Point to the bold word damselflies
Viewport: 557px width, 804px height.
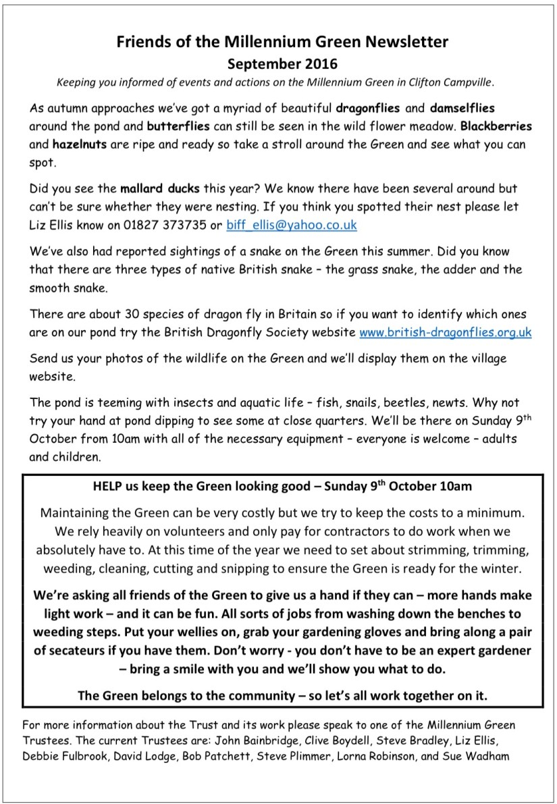tap(484, 108)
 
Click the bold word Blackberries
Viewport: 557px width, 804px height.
tap(496, 126)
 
